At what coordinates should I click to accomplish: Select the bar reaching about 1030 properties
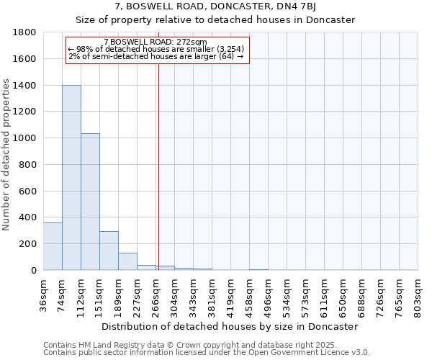[x=90, y=202]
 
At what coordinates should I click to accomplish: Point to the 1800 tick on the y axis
[x=25, y=32]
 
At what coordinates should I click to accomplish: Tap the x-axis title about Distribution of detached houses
[x=230, y=326]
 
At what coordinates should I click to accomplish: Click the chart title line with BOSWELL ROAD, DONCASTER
[x=215, y=6]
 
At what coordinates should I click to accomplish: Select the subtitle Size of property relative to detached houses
[x=215, y=19]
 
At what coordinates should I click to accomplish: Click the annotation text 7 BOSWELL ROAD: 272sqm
[x=156, y=42]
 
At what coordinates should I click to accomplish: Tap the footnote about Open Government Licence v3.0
[x=207, y=353]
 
